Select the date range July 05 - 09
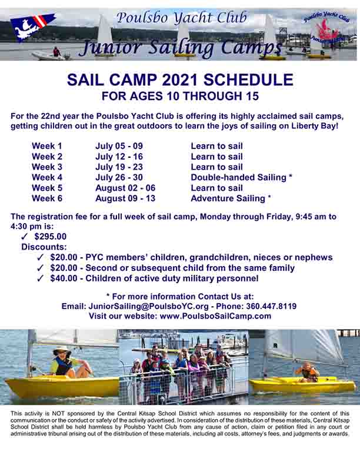(119, 146)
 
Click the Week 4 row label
(47, 177)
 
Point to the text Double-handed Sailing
(238, 177)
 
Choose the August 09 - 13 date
(125, 198)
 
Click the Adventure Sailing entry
(228, 198)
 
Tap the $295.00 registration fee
(51, 237)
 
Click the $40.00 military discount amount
(64, 278)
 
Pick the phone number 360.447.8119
(271, 306)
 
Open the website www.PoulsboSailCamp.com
(215, 316)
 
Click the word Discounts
(44, 247)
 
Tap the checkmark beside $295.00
(24, 237)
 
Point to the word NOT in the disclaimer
(59, 413)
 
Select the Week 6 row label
(47, 198)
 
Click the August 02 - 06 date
(125, 188)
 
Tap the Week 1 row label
(47, 146)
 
